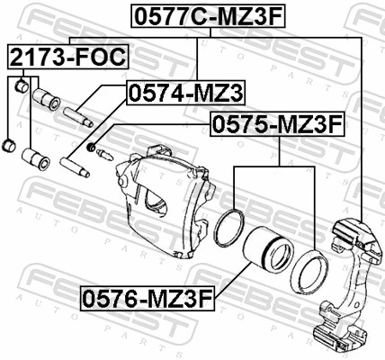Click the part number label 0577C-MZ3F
209,15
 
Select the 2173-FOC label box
67,58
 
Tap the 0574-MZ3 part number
185,93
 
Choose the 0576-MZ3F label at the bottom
148,296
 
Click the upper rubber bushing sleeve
43,97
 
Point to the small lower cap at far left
9,144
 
